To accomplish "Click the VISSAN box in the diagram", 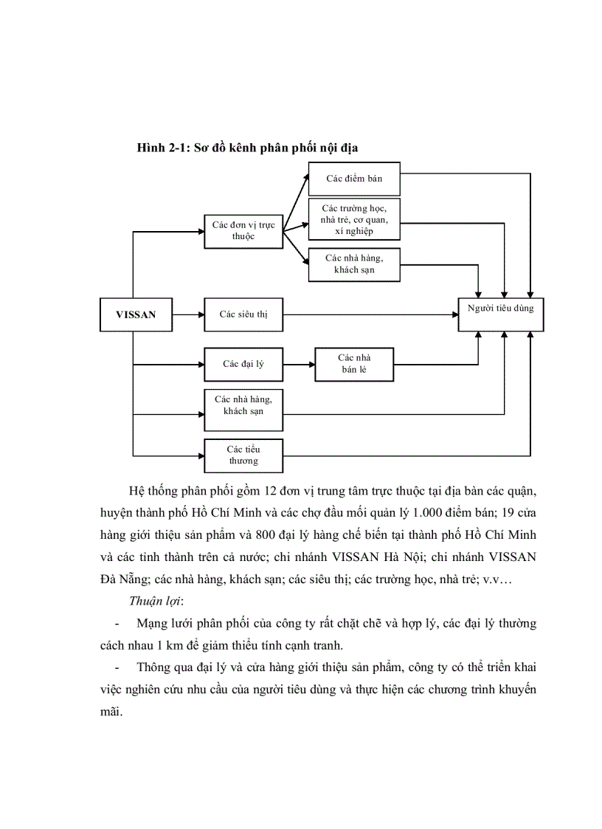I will coord(136,314).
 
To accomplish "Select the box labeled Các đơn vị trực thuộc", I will coord(243,231).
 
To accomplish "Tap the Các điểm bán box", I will coord(354,179).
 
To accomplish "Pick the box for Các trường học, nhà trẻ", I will coord(354,219).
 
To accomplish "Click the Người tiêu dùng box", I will coord(500,309).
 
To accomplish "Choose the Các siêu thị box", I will coord(243,314).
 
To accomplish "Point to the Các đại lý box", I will coord(243,364).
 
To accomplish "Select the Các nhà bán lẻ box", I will coord(354,364).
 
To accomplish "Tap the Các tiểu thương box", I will coord(243,455).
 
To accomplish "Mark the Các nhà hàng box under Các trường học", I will coord(354,264).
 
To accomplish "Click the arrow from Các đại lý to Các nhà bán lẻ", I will coord(299,364).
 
